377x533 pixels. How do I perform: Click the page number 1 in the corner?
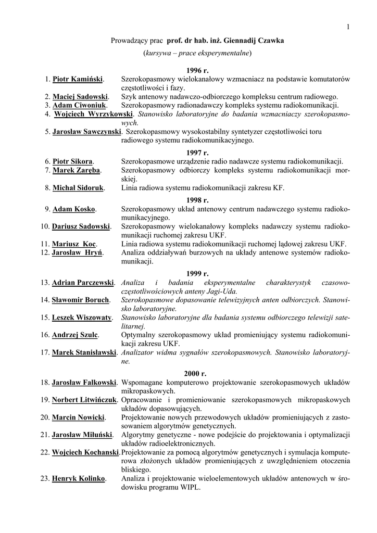pos(348,27)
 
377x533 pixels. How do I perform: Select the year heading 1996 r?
pos(197,70)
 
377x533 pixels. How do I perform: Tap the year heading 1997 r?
pos(197,153)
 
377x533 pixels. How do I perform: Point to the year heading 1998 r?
pos(197,200)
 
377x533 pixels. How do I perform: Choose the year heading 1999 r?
pos(197,273)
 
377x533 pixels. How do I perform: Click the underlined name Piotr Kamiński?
pos(78,79)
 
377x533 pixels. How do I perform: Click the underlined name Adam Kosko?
pos(73,209)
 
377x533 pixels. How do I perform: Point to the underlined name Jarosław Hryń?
pos(77,252)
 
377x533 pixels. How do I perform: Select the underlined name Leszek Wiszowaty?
pos(82,318)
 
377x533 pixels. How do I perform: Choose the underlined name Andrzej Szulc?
pos(75,335)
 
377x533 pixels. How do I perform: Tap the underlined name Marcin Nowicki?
pos(78,417)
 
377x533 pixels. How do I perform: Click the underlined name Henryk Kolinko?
pos(79,478)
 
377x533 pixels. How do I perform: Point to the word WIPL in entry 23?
pos(190,487)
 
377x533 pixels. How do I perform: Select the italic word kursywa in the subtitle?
pos(159,53)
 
